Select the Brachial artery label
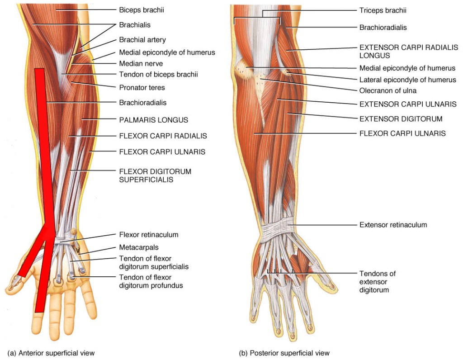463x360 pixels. point(142,40)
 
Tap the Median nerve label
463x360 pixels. point(141,64)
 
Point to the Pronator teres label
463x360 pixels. point(142,87)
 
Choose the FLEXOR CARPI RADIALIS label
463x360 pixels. point(163,136)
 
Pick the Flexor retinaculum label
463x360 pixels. point(149,235)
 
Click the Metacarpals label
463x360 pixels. point(139,247)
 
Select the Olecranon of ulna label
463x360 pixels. point(387,90)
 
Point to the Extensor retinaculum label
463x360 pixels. point(393,224)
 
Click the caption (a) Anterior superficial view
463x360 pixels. point(51,353)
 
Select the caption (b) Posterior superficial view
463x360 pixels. point(284,353)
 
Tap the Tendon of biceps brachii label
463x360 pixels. point(158,74)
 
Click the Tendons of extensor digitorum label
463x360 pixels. point(378,282)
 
